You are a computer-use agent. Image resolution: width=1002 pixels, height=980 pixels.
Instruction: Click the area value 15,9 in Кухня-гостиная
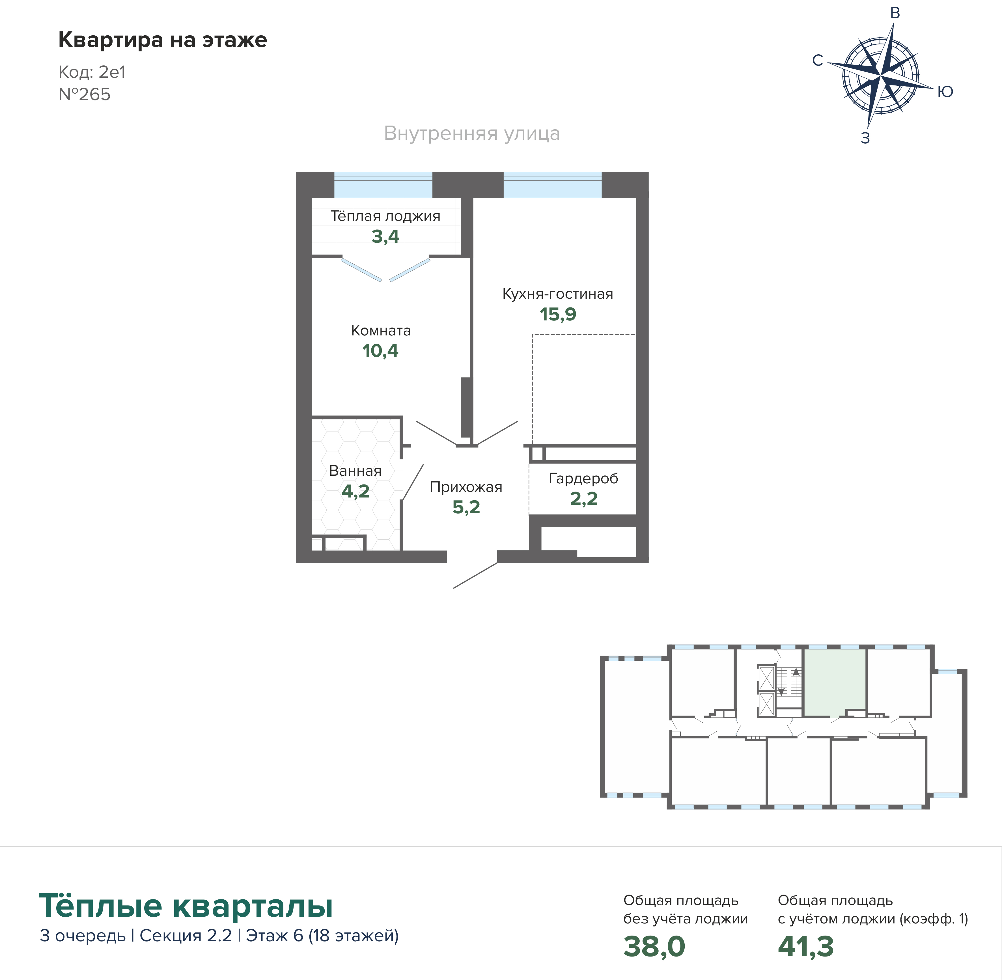tap(558, 314)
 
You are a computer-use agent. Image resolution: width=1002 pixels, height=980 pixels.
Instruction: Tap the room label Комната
tap(381, 330)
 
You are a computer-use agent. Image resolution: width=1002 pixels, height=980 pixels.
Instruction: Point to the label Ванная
tap(355, 471)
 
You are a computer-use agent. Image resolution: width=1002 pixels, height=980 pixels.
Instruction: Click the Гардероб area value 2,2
tap(584, 499)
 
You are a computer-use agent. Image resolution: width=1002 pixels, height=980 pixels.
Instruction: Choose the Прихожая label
tap(466, 487)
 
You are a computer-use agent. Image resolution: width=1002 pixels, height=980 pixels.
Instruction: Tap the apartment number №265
tap(84, 94)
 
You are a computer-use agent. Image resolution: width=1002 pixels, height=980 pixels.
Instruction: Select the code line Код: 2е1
tap(92, 72)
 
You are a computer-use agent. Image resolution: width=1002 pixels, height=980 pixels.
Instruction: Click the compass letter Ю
tap(945, 92)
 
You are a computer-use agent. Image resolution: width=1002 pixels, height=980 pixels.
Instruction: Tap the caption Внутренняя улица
tap(472, 133)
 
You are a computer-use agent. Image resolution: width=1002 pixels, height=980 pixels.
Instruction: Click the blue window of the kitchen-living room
tap(552, 185)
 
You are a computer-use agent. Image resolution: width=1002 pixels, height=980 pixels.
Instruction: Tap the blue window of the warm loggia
tap(383, 185)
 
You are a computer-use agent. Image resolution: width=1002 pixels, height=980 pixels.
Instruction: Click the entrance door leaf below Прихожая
tap(475, 576)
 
